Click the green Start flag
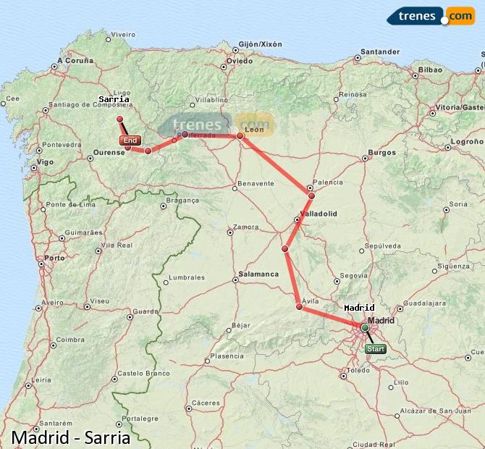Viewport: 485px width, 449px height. [376, 349]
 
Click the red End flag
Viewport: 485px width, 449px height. [130, 140]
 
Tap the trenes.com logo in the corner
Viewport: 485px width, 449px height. [430, 15]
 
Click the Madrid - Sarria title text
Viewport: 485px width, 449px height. [71, 437]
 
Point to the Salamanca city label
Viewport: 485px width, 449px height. [255, 274]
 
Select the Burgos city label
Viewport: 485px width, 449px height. [381, 153]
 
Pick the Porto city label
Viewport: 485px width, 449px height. [54, 258]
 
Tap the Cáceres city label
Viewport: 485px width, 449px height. [206, 403]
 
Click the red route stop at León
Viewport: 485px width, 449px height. [240, 135]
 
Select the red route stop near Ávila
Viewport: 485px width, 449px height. [300, 307]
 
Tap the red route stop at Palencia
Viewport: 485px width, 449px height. [311, 196]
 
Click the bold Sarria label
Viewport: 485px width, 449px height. [114, 99]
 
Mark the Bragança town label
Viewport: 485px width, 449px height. [182, 200]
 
